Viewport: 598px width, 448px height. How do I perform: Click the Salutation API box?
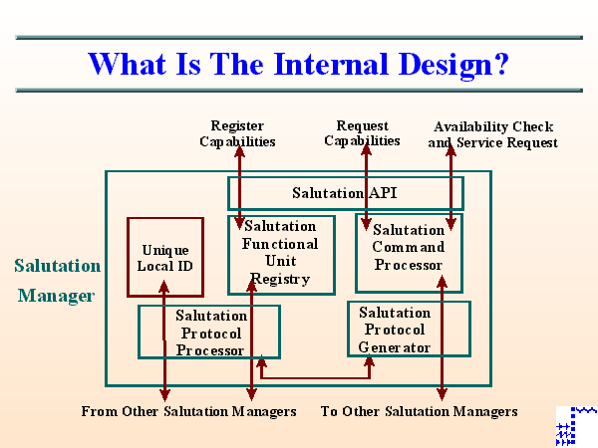[x=343, y=192]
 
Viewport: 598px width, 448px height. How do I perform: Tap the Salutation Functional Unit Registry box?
[x=281, y=254]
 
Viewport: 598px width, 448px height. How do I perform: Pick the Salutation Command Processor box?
[x=409, y=251]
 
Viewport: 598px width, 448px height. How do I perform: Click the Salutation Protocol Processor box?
[x=209, y=332]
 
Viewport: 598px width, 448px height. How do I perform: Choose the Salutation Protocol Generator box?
[x=409, y=329]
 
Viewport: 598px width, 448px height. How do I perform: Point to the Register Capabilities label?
[x=237, y=133]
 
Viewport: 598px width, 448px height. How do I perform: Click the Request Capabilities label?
[x=362, y=133]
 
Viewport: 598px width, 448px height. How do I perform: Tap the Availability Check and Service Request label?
[x=492, y=134]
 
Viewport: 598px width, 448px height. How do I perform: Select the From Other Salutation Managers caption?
[x=188, y=411]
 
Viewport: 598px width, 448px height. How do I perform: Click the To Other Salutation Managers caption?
[x=419, y=411]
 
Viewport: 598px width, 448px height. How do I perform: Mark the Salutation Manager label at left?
[x=57, y=281]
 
